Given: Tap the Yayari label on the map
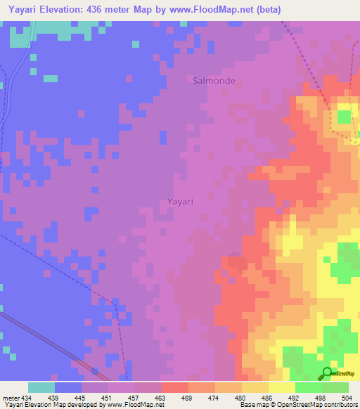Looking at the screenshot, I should pyautogui.click(x=180, y=201).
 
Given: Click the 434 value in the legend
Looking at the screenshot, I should pyautogui.click(x=27, y=398).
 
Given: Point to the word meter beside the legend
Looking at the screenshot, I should pyautogui.click(x=10, y=398).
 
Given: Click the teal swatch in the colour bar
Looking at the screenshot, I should pyautogui.click(x=41, y=387).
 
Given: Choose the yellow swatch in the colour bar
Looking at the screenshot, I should pyautogui.click(x=282, y=387).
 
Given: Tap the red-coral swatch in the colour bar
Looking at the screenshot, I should pyautogui.click(x=175, y=387).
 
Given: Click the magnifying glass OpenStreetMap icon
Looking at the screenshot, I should pyautogui.click(x=328, y=374).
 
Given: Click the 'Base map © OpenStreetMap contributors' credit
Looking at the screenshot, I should pyautogui.click(x=297, y=405).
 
